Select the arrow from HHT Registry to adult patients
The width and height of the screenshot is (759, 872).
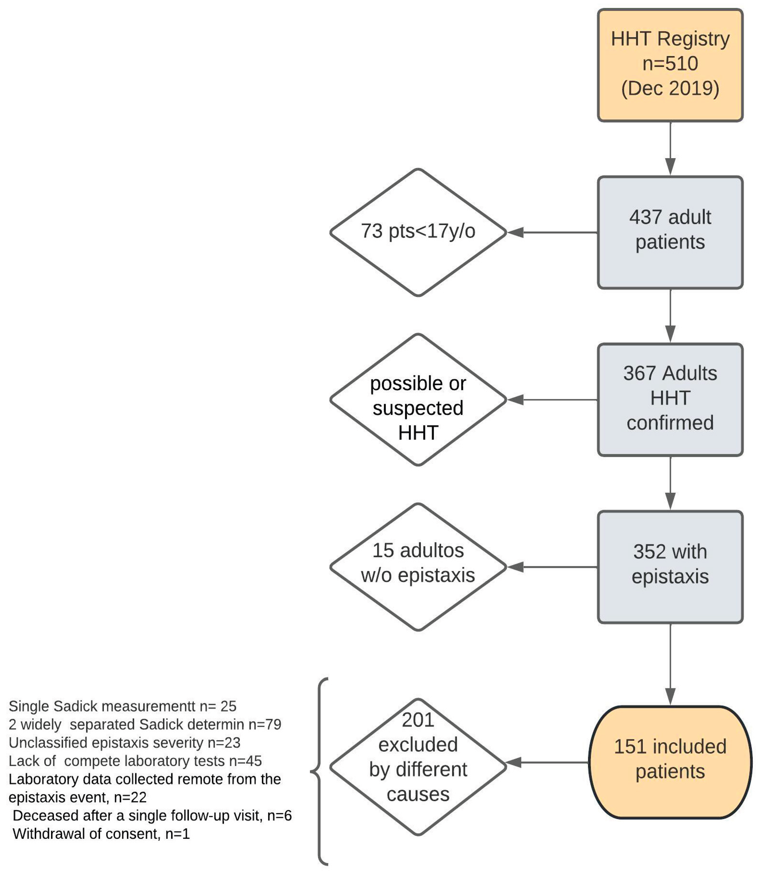(670, 148)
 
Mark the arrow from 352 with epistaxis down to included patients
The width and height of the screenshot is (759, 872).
(670, 665)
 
